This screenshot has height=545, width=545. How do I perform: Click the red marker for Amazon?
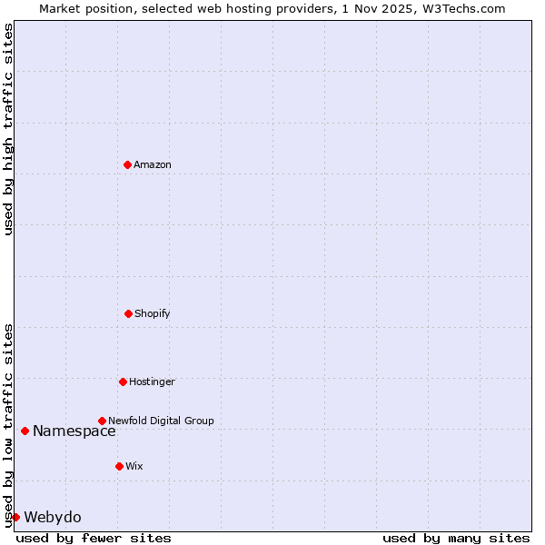tap(127, 164)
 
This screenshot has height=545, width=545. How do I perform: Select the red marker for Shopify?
tap(128, 313)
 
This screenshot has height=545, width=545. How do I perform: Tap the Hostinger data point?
tap(123, 381)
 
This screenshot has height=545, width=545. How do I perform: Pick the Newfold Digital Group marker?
tap(102, 421)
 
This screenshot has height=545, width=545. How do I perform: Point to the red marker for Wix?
tap(119, 466)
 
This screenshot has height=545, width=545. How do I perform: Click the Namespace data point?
tap(25, 431)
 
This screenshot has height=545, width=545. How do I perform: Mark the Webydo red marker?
tap(15, 517)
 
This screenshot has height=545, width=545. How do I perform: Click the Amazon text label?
tap(153, 164)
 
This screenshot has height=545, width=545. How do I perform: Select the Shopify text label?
tap(153, 313)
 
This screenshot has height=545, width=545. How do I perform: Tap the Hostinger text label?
tap(152, 381)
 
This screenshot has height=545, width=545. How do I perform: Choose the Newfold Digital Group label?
tap(161, 421)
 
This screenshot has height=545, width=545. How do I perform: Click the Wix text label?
tap(134, 466)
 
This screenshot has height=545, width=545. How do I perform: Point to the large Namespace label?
tap(74, 431)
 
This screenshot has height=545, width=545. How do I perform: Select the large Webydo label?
tap(53, 518)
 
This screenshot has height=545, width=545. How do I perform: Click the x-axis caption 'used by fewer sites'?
tap(94, 538)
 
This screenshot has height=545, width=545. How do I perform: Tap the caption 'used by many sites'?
tap(456, 538)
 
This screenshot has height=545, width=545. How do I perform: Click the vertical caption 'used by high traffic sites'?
tap(8, 129)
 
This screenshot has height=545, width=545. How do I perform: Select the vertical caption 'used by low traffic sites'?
tap(8, 425)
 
